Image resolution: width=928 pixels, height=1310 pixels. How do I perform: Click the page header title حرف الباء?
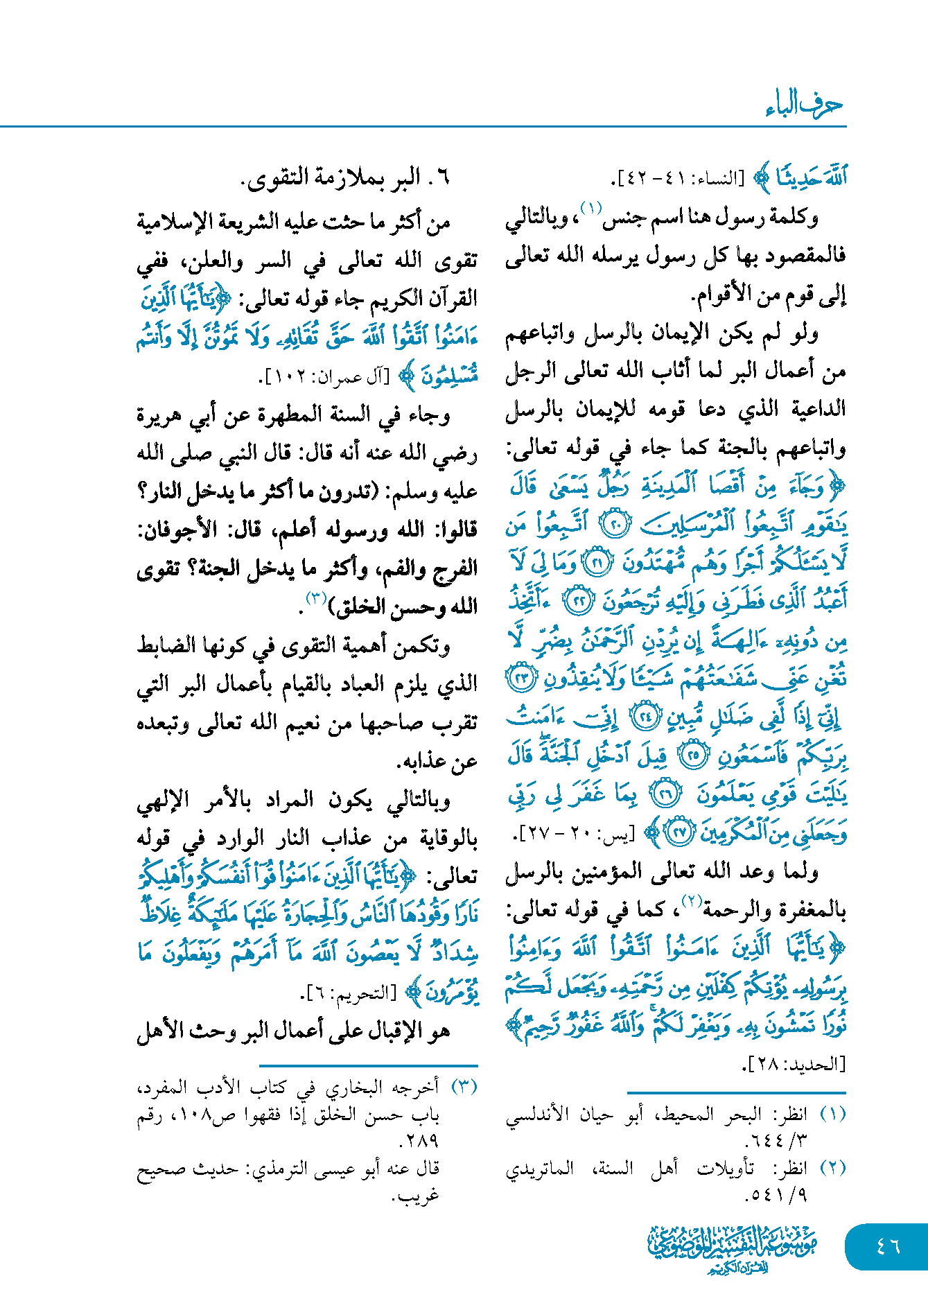coord(803,105)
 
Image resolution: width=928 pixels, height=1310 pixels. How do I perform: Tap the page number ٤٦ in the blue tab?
coord(888,1246)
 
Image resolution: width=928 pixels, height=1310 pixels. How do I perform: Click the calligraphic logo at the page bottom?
coord(732,1248)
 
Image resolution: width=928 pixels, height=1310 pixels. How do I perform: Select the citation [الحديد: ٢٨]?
coord(794,1064)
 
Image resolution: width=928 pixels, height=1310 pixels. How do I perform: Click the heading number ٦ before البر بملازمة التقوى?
coord(444,178)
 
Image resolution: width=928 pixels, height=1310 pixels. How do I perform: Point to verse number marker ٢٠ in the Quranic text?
coord(614,524)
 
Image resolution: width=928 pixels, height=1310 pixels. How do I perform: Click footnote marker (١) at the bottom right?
coord(832,1115)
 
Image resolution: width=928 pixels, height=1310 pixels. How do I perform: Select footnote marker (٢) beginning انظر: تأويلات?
coord(832,1168)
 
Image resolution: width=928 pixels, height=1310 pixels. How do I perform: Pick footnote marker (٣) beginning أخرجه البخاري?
coord(464,1087)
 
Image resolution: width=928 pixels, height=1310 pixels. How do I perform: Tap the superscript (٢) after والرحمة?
coord(692,900)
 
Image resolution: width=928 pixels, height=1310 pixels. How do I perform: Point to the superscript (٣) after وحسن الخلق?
coord(317,597)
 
